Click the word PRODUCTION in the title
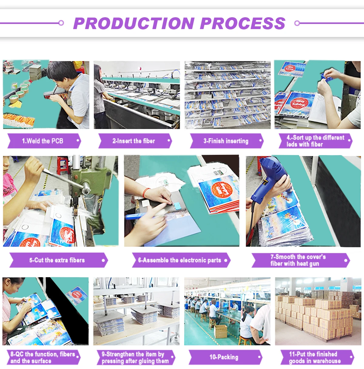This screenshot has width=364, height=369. coord(134,23)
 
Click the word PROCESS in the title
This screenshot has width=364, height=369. coord(243,23)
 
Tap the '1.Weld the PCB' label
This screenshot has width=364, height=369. coord(42,141)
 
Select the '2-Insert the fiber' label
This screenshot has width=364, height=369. coord(134,141)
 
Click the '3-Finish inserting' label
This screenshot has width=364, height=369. coord(226,141)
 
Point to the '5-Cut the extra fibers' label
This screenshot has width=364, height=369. coord(57,260)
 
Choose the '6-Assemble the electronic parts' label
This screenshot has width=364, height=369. coord(180,260)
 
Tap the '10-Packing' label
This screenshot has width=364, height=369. coord(224,357)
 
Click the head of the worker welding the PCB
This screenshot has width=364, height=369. coord(61,74)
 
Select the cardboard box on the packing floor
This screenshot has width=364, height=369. coord(220,331)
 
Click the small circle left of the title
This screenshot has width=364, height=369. coord(61,23)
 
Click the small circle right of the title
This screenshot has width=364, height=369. coord(297,23)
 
